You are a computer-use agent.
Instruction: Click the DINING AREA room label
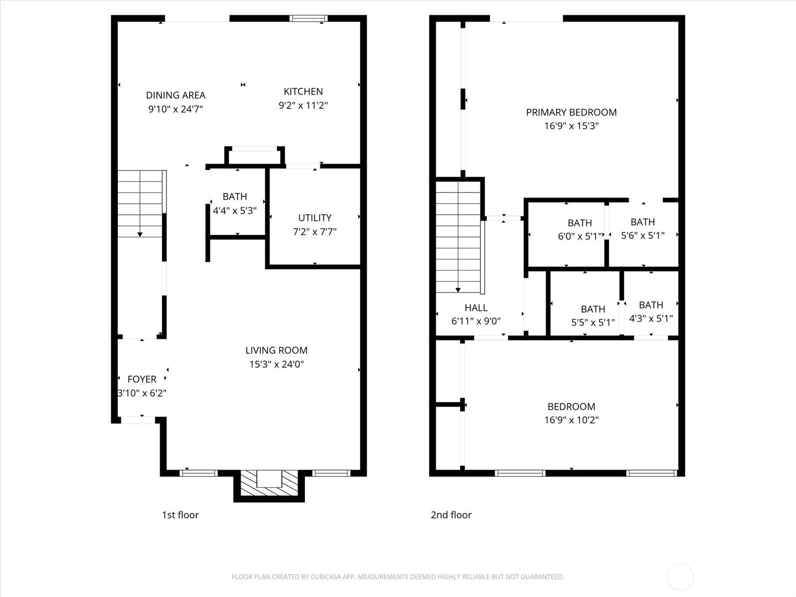176,96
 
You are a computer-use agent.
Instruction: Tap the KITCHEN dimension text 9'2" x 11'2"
303,105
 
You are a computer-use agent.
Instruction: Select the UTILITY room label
315,218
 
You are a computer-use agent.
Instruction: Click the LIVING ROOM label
276,351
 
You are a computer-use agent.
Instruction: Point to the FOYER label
142,380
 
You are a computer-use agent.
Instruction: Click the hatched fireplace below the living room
269,483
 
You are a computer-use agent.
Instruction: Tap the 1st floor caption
180,515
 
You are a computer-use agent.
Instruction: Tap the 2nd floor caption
451,515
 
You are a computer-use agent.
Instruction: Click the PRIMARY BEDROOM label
571,112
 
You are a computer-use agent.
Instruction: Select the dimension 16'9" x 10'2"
571,420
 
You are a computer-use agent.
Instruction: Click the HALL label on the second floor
476,308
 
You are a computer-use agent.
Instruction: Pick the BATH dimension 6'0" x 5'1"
580,237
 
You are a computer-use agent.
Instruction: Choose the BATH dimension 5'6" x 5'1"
643,236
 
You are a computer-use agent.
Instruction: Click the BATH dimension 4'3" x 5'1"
651,318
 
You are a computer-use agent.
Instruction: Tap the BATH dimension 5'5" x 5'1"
593,322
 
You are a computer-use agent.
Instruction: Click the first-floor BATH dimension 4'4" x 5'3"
235,210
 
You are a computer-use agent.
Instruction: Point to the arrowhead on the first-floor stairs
140,235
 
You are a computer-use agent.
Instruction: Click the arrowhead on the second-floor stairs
458,290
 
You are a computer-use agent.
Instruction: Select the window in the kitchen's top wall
308,18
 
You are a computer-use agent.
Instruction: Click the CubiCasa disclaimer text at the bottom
398,577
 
